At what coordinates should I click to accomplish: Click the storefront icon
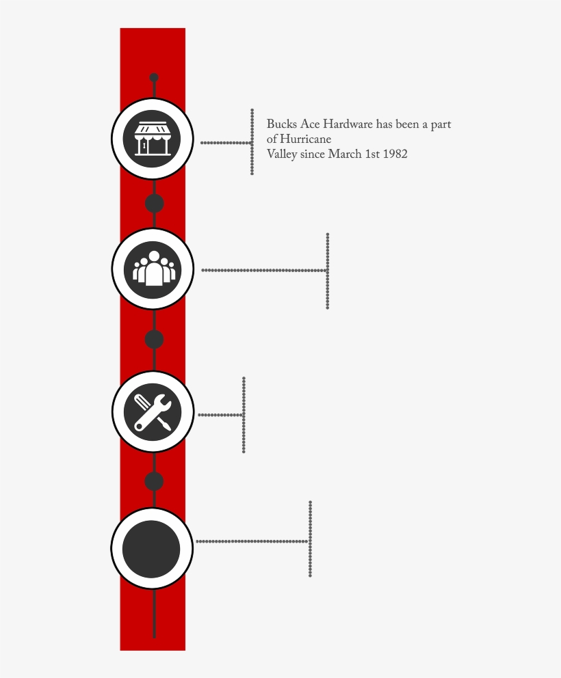[x=152, y=139]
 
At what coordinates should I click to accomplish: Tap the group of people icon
[x=153, y=268]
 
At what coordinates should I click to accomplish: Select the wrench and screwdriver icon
[x=153, y=411]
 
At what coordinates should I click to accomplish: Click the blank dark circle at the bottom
[x=151, y=549]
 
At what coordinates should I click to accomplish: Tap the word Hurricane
[x=305, y=140]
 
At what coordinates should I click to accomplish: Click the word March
[x=343, y=154]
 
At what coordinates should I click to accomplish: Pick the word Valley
[x=282, y=154]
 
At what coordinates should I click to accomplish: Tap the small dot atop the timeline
[x=154, y=78]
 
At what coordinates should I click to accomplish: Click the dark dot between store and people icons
[x=154, y=203]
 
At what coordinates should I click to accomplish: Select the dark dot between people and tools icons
[x=154, y=339]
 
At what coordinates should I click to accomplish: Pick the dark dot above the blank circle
[x=154, y=481]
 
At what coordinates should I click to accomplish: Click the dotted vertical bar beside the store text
[x=252, y=141]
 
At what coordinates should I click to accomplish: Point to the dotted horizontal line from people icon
[x=263, y=270]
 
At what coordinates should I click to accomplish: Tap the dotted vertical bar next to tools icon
[x=244, y=414]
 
